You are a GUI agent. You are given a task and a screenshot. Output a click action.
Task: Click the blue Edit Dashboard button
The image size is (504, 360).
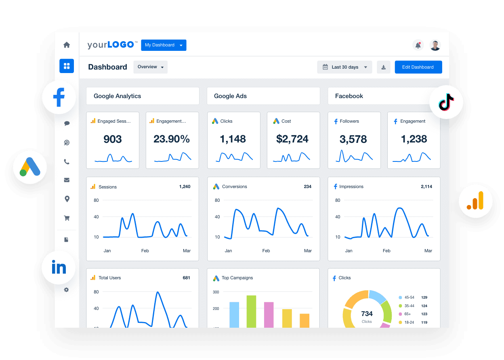418,67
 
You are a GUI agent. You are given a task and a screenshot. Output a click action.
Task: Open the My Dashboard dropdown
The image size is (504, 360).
164,45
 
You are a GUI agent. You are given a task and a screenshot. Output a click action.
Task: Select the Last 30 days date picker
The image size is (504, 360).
344,67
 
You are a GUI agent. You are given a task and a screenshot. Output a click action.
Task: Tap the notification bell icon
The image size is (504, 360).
418,45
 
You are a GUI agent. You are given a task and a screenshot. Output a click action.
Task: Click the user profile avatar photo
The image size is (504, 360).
435,45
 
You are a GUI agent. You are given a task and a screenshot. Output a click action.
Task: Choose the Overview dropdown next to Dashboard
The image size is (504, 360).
150,67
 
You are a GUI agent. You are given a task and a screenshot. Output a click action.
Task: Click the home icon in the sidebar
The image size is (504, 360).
67,45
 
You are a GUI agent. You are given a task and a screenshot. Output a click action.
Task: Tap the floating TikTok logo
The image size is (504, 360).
446,102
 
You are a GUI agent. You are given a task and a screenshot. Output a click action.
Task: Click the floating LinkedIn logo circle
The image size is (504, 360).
59,268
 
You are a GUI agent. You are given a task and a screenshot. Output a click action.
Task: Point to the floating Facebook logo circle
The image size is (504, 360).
59,97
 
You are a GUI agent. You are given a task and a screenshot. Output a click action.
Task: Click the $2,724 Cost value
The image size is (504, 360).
292,139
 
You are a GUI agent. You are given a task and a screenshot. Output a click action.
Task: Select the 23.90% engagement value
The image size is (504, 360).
172,139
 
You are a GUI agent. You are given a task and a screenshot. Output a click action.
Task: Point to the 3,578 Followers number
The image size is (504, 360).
353,139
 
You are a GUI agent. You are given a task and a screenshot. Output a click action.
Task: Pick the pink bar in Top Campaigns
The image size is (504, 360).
269,314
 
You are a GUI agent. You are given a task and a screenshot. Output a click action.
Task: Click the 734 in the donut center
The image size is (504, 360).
367,314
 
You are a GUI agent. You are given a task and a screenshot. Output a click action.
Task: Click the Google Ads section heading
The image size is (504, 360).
230,96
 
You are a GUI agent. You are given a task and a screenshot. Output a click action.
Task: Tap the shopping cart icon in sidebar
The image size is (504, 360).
67,218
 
